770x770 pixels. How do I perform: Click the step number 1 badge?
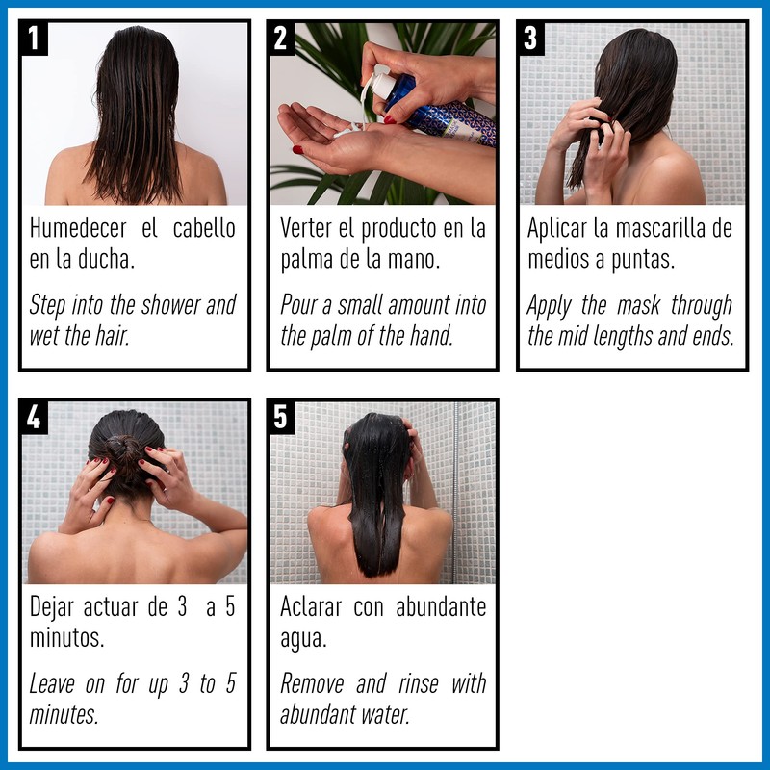point(35,39)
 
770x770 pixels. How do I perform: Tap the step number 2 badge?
point(281,39)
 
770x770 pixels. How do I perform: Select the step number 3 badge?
point(530,39)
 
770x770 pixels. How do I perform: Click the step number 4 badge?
point(35,418)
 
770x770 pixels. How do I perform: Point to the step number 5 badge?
point(281,418)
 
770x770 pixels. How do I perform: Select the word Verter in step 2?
point(307,229)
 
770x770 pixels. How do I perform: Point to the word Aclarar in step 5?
point(311,607)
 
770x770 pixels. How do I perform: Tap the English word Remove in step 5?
point(313,683)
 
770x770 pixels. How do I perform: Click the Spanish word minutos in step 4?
point(66,638)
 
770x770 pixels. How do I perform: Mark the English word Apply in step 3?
point(551,305)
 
